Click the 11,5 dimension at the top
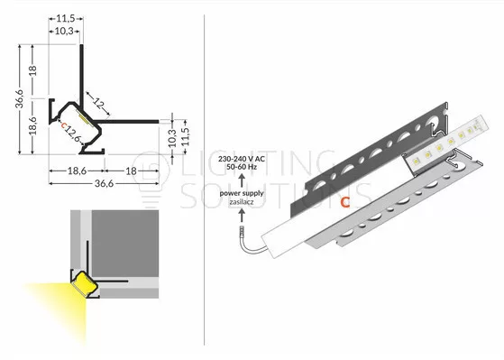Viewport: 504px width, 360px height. point(66,19)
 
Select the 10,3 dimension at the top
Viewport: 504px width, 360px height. point(64,32)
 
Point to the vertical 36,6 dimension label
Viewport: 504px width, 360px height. point(20,99)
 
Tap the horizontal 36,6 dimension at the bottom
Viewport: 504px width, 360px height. point(105,183)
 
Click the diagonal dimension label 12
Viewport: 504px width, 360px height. point(99,104)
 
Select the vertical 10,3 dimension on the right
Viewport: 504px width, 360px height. point(172,138)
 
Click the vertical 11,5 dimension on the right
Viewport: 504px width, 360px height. point(186,137)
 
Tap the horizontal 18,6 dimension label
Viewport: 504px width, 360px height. point(77,171)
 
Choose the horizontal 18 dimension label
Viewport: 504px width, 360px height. point(131,171)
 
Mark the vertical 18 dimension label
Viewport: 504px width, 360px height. point(32,70)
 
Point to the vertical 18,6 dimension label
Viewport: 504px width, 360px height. point(32,125)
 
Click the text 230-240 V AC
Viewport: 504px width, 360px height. point(242,159)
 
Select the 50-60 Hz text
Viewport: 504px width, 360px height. point(242,167)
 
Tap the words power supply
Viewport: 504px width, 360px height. point(242,193)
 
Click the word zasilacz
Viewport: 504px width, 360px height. point(242,202)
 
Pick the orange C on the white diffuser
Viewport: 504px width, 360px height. point(345,202)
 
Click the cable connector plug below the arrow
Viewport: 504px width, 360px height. point(242,230)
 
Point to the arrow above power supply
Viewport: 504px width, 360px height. point(242,180)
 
